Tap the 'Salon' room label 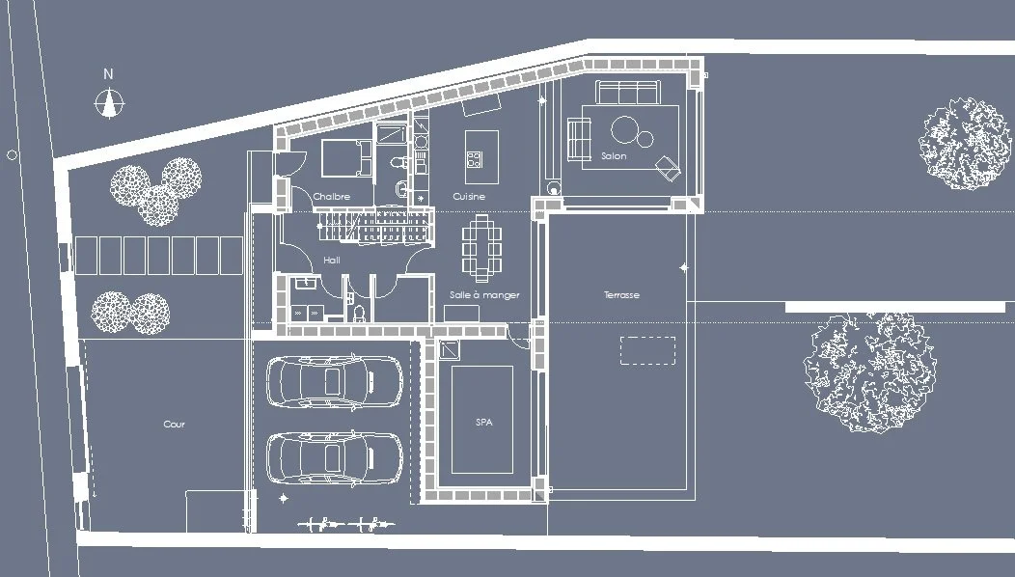pos(614,156)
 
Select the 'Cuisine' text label pos(469,197)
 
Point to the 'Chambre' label pos(331,197)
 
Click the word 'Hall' pos(332,261)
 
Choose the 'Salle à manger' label pos(484,295)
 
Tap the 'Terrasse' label pos(621,295)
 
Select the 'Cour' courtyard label pos(174,425)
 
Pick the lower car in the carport pos(333,456)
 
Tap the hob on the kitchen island pos(474,156)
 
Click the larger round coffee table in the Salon pos(625,128)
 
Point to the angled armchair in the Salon pos(668,168)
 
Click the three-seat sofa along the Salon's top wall pos(626,94)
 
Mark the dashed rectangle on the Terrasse pos(647,349)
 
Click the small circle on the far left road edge pos(12,154)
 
